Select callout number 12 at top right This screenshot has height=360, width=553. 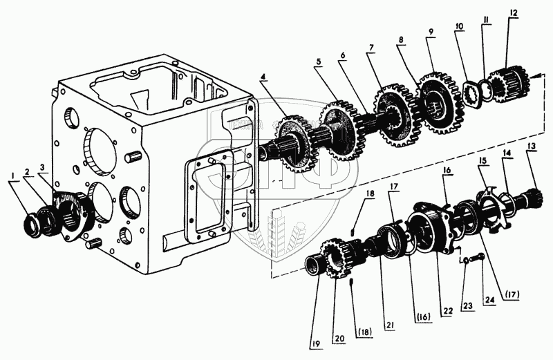coord(512,13)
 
